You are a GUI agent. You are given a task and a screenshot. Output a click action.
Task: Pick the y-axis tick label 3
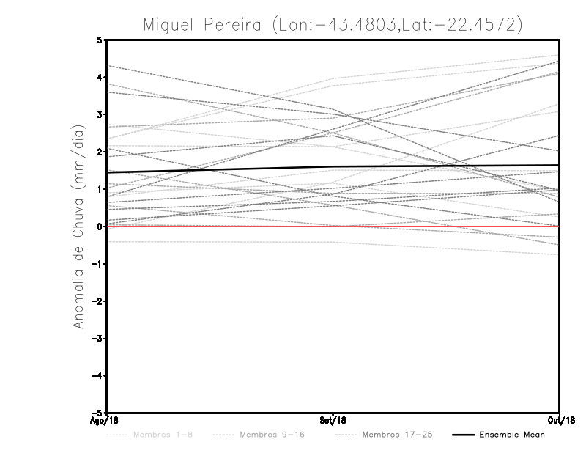(x=100, y=114)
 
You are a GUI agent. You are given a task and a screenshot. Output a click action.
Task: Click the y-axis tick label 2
(x=100, y=152)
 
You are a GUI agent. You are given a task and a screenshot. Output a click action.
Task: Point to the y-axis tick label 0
(x=100, y=226)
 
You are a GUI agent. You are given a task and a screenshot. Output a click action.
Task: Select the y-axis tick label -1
(x=98, y=264)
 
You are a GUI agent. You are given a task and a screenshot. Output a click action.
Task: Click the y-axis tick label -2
(x=98, y=301)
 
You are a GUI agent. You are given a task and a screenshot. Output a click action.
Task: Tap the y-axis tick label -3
(x=98, y=339)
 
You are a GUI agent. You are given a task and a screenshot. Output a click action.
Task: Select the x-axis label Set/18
(x=333, y=421)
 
